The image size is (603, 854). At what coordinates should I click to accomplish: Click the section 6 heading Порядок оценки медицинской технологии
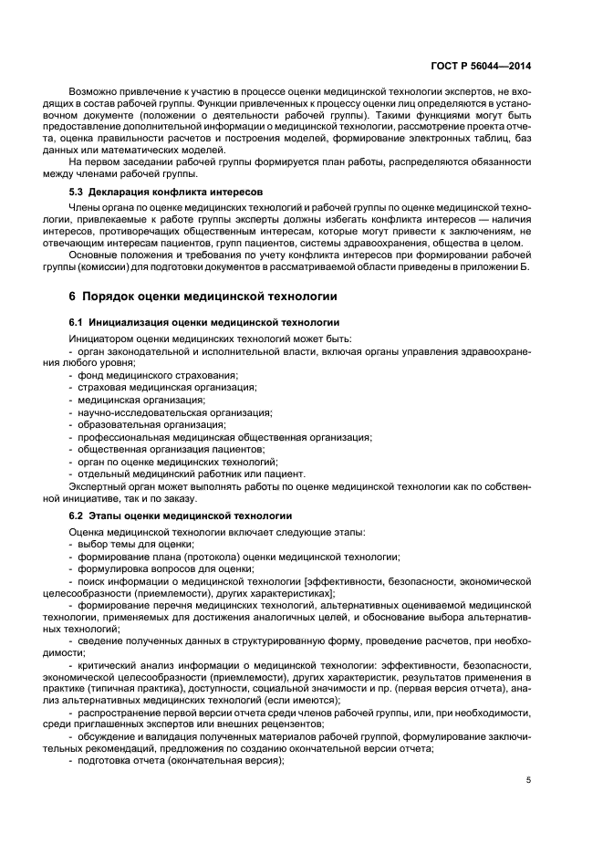coord(203,297)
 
